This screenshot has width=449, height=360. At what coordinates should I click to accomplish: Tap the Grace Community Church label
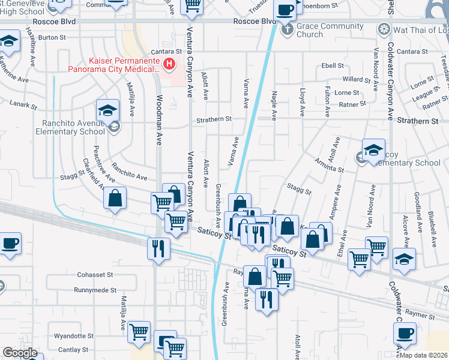[330, 30]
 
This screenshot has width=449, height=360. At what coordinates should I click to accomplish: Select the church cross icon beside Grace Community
[287, 29]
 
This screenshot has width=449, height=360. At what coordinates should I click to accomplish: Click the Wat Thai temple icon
[382, 29]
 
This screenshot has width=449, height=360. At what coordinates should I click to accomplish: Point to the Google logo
[20, 353]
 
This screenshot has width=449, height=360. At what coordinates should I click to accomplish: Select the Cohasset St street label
[95, 275]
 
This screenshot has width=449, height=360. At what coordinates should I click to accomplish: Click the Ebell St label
[333, 65]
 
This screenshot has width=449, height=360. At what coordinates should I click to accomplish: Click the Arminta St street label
[328, 164]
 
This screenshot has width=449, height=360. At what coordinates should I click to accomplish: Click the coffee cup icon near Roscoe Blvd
[285, 10]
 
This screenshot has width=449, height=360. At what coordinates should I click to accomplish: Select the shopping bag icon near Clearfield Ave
[115, 197]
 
